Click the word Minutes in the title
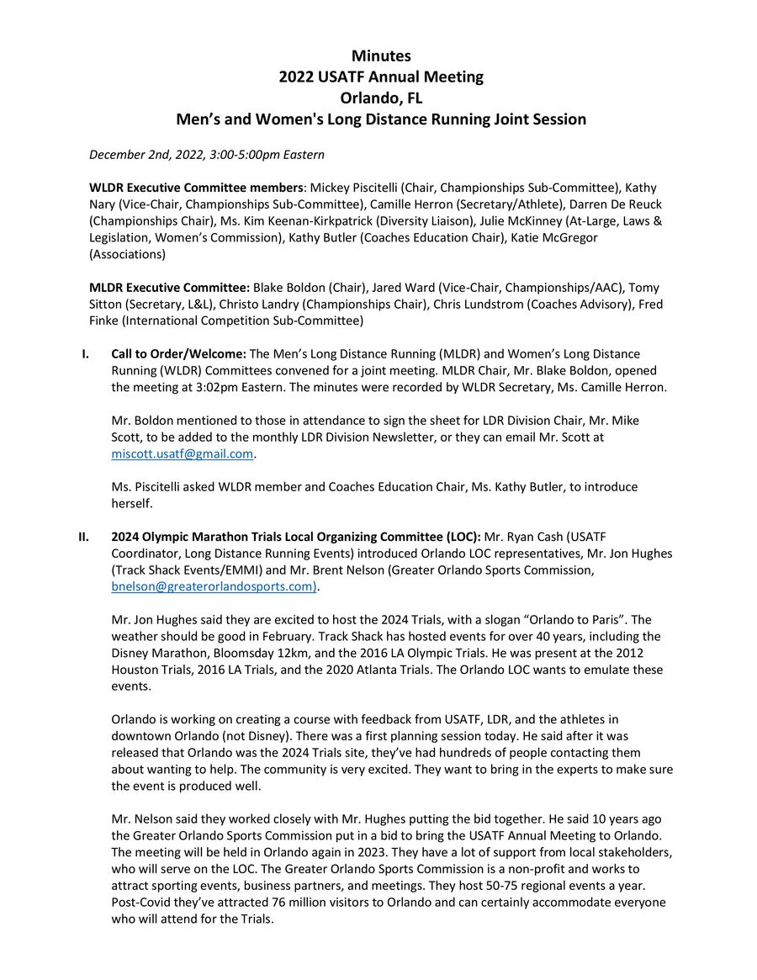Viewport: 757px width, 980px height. point(381,56)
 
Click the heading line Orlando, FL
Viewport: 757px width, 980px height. point(381,98)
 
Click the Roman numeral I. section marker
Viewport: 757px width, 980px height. point(85,353)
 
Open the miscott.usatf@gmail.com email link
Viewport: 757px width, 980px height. point(183,454)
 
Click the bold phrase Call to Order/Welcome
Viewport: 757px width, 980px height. point(178,353)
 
